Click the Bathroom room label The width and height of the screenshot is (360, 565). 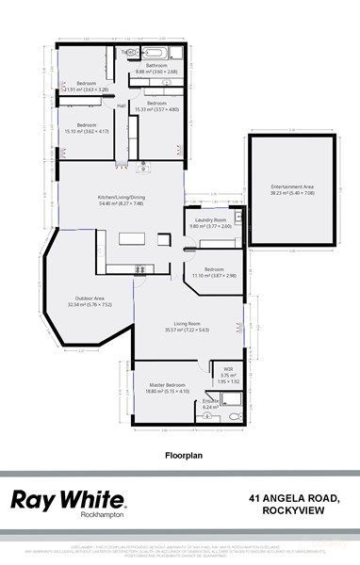[155, 65]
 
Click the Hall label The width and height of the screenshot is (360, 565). [122, 105]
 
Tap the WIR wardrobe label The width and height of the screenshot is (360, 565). [228, 369]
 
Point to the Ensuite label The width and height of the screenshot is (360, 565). [209, 402]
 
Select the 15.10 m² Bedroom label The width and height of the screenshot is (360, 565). [87, 125]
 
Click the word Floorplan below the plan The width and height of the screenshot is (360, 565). [179, 454]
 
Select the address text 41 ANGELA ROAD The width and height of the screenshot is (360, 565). [293, 496]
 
